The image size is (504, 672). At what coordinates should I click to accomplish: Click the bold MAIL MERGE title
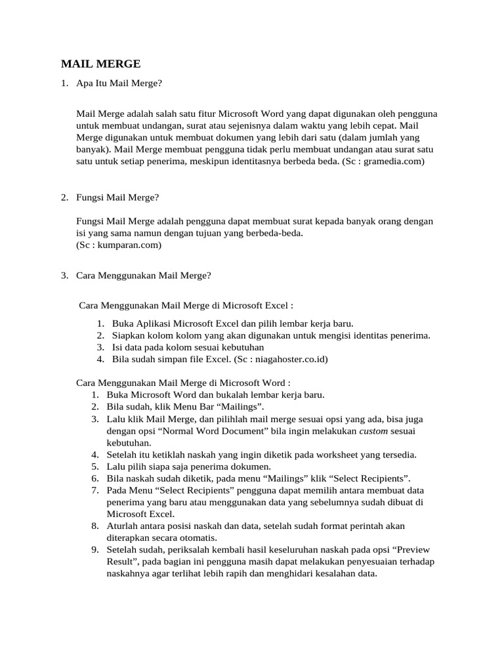click(x=100, y=64)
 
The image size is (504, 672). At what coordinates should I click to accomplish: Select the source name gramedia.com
click(x=393, y=161)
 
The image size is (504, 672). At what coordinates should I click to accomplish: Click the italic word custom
click(x=372, y=431)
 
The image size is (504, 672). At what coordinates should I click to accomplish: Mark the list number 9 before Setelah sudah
click(x=94, y=549)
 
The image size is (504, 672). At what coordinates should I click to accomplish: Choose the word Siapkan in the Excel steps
click(x=129, y=335)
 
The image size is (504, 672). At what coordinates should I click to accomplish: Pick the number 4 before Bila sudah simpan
click(x=100, y=359)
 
